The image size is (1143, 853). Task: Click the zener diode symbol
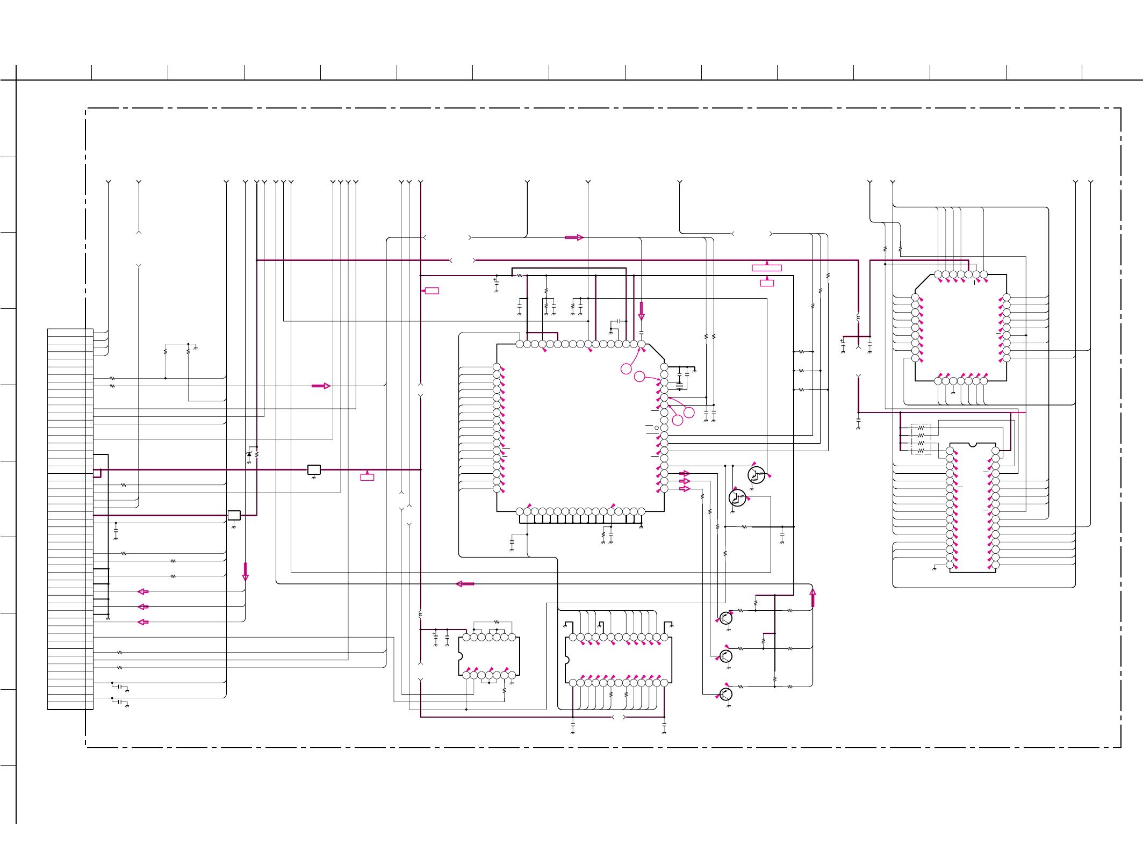[x=249, y=454]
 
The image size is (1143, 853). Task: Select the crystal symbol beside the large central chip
[x=679, y=385]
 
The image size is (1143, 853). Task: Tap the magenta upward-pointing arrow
[x=813, y=597]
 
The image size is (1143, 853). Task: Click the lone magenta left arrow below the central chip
[x=465, y=584]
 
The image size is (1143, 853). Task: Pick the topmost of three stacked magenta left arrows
[x=143, y=591]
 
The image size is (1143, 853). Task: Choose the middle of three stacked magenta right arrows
[x=684, y=481]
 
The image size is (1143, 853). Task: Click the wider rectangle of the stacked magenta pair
[x=766, y=268]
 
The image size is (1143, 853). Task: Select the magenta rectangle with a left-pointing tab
[x=432, y=291]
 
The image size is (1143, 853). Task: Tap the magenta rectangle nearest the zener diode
[x=367, y=477]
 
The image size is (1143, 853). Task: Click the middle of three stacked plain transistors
[x=725, y=656]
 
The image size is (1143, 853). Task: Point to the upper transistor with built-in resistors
[x=756, y=475]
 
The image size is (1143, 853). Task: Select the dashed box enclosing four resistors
[x=921, y=439]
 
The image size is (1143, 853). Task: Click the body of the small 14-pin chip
[x=489, y=656]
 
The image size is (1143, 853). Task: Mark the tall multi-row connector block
[x=70, y=519]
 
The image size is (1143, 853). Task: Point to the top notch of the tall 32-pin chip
[x=972, y=445]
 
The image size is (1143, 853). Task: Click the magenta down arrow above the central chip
[x=641, y=310]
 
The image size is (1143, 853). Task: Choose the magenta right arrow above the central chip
[x=574, y=237]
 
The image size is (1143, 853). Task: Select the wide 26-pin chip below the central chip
[x=618, y=660]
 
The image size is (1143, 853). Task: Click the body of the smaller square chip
[x=961, y=328]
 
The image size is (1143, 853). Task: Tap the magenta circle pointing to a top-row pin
[x=626, y=369]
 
